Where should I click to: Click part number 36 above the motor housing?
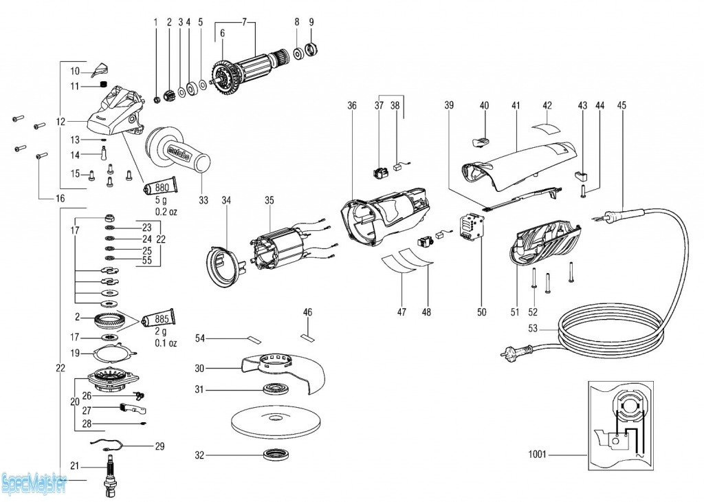[x=352, y=105]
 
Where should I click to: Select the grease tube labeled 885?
[x=160, y=319]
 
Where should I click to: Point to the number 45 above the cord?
[x=621, y=105]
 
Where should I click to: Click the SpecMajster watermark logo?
[x=34, y=484]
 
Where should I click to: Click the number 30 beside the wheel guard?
[x=199, y=368]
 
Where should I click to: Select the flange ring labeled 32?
[x=276, y=455]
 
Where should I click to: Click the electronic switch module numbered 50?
[x=472, y=227]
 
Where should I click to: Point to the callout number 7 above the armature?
[x=243, y=22]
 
